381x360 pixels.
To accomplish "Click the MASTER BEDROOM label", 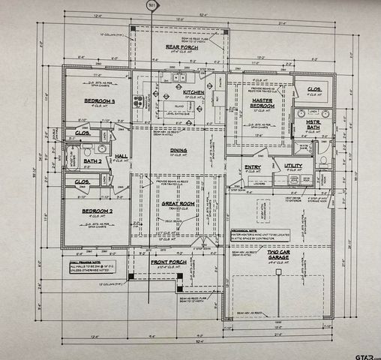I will click(x=262, y=102).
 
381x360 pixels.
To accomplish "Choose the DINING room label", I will click(x=178, y=150).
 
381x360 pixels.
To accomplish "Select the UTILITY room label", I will click(x=292, y=166).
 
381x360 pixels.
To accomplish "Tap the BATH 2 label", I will click(x=92, y=160).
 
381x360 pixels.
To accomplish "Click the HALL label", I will click(x=121, y=156).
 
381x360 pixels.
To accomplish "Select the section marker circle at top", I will click(x=152, y=5).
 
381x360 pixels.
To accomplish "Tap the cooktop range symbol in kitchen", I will click(x=137, y=102).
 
